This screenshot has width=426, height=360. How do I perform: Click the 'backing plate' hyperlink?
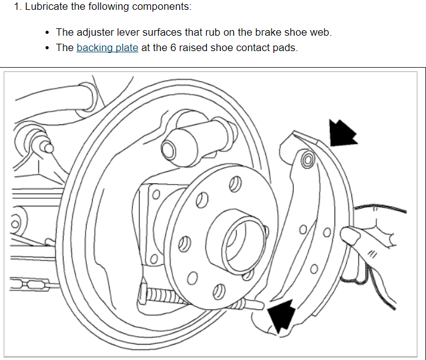[x=107, y=48]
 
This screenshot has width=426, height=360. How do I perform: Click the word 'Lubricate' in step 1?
[x=46, y=7]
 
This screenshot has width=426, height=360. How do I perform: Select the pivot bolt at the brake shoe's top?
[x=308, y=161]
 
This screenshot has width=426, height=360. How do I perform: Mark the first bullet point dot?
[x=47, y=32]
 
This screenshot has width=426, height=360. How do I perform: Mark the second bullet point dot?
[x=47, y=48]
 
